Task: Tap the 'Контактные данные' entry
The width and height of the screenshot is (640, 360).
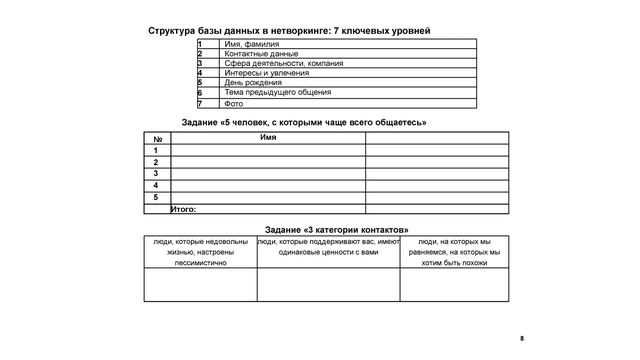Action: click(261, 54)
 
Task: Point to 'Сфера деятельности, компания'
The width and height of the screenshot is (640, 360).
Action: click(283, 63)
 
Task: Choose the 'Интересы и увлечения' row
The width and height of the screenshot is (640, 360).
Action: click(264, 73)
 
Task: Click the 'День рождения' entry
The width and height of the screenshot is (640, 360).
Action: click(252, 82)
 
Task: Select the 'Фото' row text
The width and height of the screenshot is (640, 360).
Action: click(233, 103)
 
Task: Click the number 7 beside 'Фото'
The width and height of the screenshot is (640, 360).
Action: click(201, 103)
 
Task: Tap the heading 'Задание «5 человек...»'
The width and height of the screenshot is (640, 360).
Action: click(304, 122)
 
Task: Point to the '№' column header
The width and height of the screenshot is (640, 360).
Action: click(157, 138)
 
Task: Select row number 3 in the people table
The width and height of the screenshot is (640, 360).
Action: click(157, 173)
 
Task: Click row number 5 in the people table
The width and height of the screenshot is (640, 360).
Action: click(157, 197)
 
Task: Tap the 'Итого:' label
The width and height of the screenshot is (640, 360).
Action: click(183, 209)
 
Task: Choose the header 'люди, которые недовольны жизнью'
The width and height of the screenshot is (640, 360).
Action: click(200, 253)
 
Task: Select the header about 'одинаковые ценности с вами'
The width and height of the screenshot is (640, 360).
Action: click(328, 247)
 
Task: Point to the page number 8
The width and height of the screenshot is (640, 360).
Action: click(522, 340)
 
